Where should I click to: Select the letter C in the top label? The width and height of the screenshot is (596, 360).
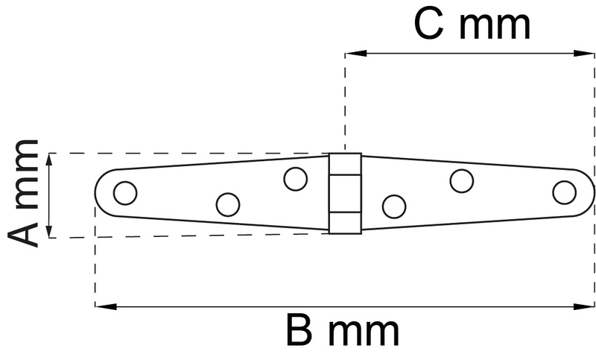[x=430, y=26]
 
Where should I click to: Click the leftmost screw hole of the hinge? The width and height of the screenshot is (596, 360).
[x=125, y=193]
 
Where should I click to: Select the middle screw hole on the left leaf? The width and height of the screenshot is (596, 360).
[x=227, y=203]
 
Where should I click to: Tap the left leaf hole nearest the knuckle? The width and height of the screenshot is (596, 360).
[x=296, y=179]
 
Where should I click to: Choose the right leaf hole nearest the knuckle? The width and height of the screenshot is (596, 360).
[x=393, y=206]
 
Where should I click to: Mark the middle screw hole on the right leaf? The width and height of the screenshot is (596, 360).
[x=462, y=180]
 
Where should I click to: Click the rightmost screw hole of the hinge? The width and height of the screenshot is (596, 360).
[x=564, y=192]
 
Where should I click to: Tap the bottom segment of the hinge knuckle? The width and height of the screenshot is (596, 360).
[x=346, y=222]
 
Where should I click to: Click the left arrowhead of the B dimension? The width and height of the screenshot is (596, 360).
[x=101, y=306]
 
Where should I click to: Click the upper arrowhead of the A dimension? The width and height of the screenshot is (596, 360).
[x=49, y=159]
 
